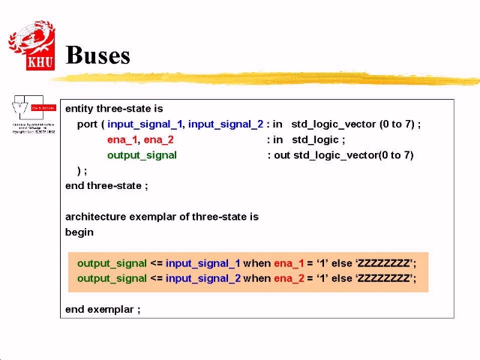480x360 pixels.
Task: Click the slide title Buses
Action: pyautogui.click(x=98, y=55)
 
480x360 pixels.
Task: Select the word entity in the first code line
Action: pyautogui.click(x=79, y=109)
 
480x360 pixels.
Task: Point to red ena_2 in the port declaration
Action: pyautogui.click(x=158, y=139)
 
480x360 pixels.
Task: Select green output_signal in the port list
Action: pyautogui.click(x=142, y=155)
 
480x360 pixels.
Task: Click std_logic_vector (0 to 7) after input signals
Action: pyautogui.click(x=355, y=124)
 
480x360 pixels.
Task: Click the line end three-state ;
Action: pyautogui.click(x=106, y=186)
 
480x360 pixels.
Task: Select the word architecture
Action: pyautogui.click(x=95, y=217)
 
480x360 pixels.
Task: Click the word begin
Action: pyautogui.click(x=79, y=232)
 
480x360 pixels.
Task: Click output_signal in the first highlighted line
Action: pyautogui.click(x=112, y=263)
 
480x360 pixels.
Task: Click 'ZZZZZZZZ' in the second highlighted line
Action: pyautogui.click(x=384, y=278)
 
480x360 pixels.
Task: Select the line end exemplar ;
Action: pyautogui.click(x=103, y=309)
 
